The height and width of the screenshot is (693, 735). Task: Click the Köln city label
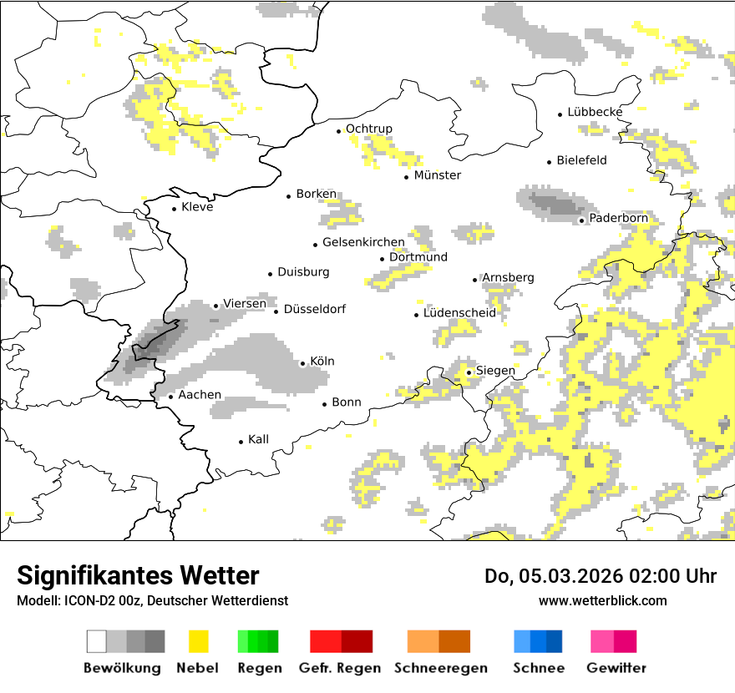pos(322,362)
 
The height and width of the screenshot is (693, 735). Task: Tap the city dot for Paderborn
pos(582,220)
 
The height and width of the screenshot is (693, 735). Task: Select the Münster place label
pos(437,175)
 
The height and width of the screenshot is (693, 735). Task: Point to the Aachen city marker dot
pos(170,397)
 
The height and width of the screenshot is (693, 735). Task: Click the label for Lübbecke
pos(595,112)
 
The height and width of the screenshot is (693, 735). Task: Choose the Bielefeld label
pos(581,160)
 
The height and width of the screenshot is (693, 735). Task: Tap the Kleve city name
pos(197,207)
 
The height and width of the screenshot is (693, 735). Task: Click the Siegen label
pos(495,371)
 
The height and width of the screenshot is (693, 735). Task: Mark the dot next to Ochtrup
pos(339,131)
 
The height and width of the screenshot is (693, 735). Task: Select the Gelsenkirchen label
pos(363,243)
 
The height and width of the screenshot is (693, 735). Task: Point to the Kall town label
pos(258,439)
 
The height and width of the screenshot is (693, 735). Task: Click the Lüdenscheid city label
pos(459,313)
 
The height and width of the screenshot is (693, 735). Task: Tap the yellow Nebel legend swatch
pos(198,641)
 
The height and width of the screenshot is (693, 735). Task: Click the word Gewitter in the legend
pos(616,668)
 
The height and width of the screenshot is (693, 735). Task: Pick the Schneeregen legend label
pos(441,668)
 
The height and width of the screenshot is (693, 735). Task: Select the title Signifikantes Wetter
pos(138,575)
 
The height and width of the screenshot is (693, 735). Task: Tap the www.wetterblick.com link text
pos(602,600)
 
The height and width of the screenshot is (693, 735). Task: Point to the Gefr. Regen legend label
pos(339,668)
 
